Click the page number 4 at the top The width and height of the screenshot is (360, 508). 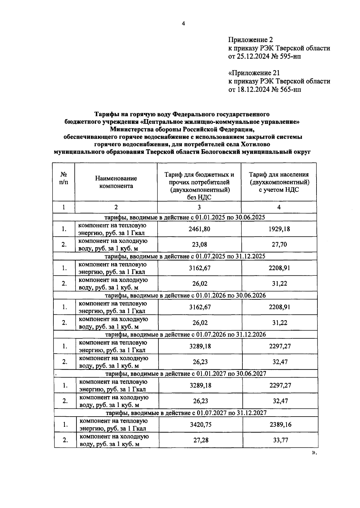183,24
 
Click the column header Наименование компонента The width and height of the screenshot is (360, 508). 116,182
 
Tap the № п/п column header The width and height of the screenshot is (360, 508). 64,178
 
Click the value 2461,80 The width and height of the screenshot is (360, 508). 199,229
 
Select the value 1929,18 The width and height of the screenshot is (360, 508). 279,229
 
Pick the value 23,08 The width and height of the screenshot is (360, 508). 199,245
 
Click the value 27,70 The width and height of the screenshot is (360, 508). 279,245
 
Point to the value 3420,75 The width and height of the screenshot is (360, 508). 201,425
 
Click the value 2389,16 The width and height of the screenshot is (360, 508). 280,425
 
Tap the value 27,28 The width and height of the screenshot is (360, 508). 201,440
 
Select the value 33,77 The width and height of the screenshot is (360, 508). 280,440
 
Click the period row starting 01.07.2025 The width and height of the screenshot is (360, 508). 185,256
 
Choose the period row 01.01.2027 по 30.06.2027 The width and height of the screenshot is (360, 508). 186,374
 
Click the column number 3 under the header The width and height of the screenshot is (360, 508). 199,207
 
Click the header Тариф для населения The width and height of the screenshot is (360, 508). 279,175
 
